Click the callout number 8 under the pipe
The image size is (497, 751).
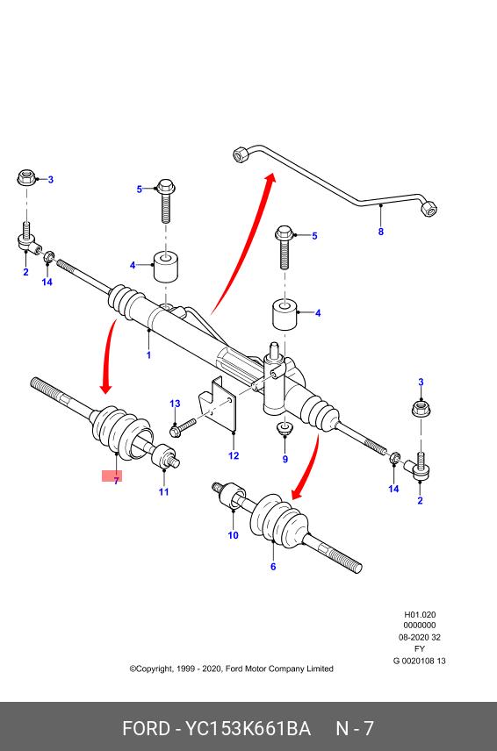point(381,232)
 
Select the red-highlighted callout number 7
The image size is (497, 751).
point(116,481)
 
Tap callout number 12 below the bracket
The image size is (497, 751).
point(234,455)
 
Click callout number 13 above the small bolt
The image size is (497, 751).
point(175,404)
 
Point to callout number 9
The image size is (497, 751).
point(285,460)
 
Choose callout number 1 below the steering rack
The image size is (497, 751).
point(148,355)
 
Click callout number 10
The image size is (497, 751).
point(233,535)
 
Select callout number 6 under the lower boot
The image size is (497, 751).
point(273,567)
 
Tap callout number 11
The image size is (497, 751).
point(164,491)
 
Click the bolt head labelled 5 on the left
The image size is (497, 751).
point(165,186)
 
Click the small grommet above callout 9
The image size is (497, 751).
point(285,426)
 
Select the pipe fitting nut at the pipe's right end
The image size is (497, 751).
point(429,209)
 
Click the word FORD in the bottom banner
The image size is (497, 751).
point(146,728)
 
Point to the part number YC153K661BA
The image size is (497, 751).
point(248,728)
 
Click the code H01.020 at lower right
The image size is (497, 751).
point(420,614)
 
